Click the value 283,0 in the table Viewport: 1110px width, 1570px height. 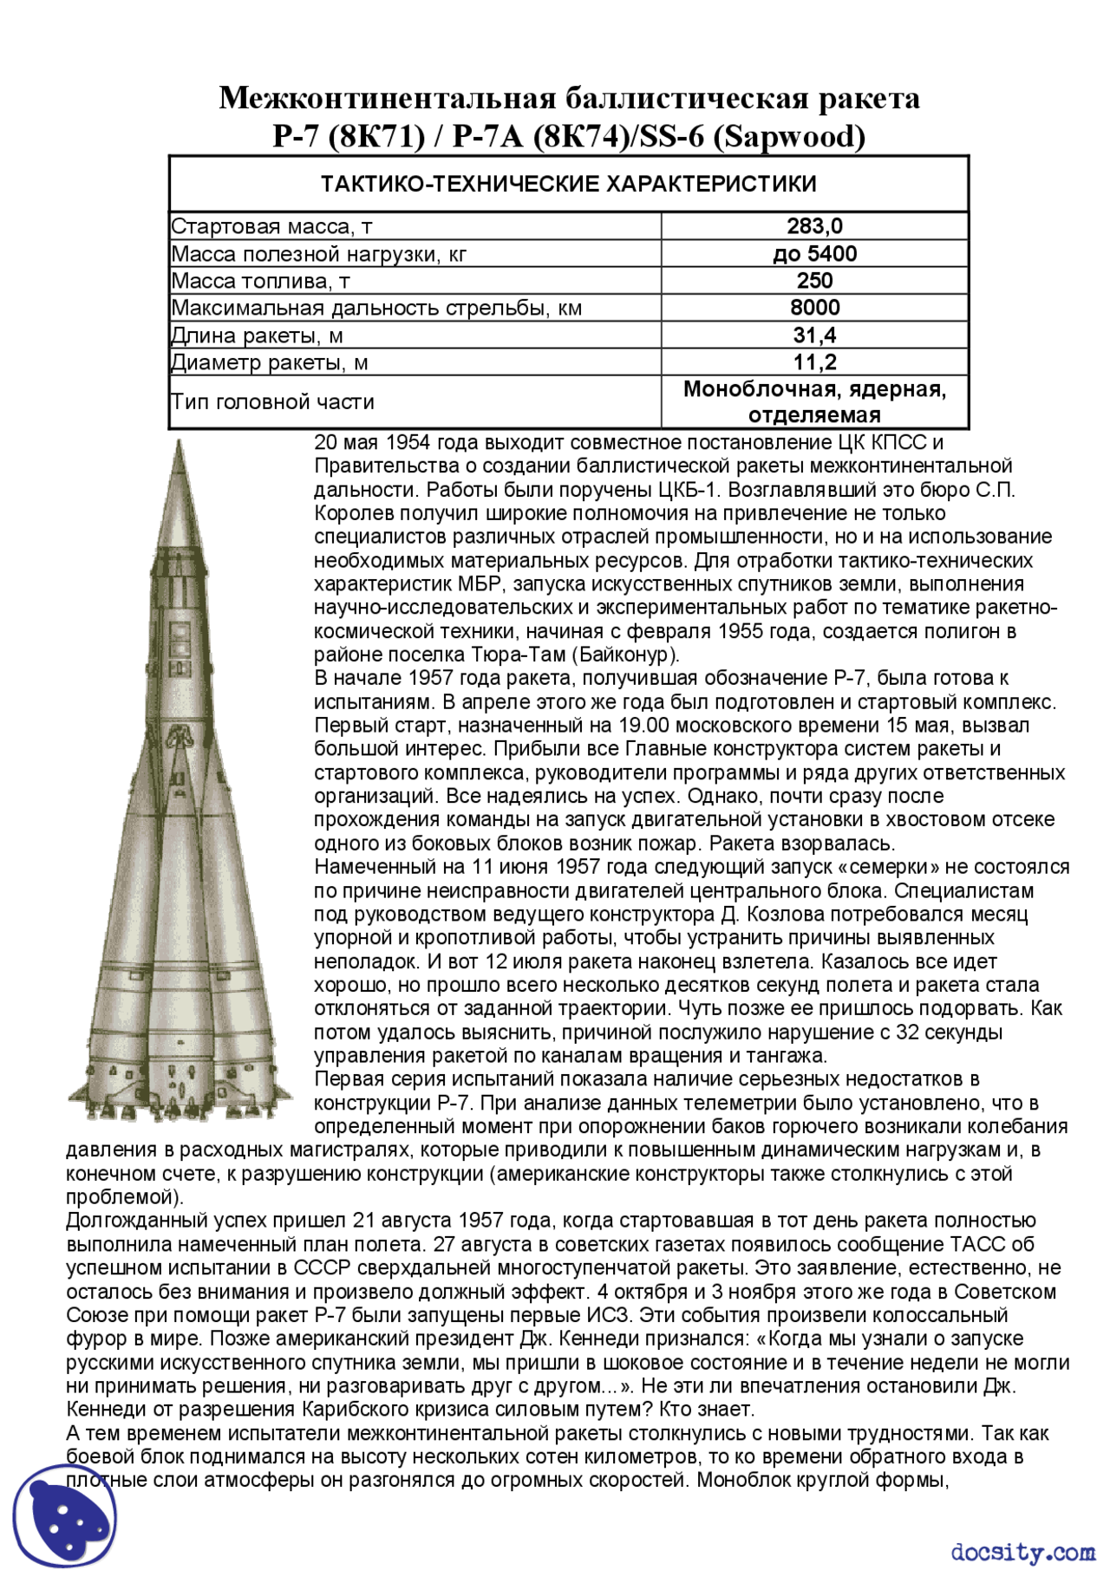[x=813, y=226]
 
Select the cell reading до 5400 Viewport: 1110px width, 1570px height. [x=813, y=254]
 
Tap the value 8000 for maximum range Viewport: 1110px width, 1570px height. [x=813, y=308]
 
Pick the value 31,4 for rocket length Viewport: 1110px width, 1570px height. [x=813, y=335]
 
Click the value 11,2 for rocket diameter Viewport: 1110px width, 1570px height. [x=813, y=362]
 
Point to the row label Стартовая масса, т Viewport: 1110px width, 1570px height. [x=271, y=227]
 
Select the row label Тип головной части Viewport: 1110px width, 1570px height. [x=272, y=402]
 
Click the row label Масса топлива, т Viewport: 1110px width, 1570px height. [x=260, y=281]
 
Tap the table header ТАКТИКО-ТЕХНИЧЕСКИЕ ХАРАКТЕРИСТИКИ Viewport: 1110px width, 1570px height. [x=568, y=184]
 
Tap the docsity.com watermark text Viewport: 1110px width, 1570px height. [x=1022, y=1551]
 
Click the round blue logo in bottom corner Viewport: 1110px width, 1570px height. [x=65, y=1515]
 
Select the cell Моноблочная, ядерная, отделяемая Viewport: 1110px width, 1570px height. [x=813, y=402]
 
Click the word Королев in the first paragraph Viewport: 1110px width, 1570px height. [x=349, y=514]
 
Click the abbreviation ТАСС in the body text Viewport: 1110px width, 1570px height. [x=979, y=1245]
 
